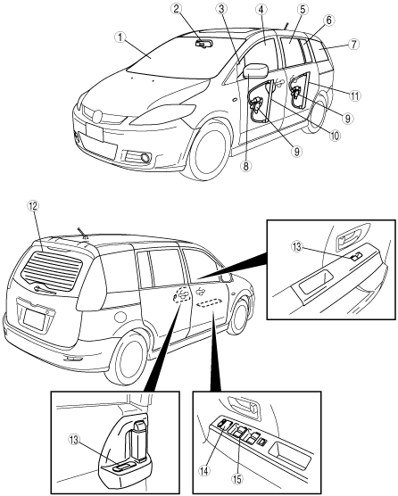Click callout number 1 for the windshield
click(x=120, y=37)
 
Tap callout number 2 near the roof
click(x=178, y=9)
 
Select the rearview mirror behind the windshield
click(x=203, y=45)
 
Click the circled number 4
click(x=261, y=10)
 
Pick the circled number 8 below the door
click(x=246, y=166)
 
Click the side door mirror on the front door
click(x=256, y=70)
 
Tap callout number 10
click(x=334, y=136)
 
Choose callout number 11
click(x=355, y=95)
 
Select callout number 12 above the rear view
click(x=34, y=206)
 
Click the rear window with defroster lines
click(x=52, y=269)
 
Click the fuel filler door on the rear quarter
click(x=120, y=317)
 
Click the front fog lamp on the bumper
click(x=146, y=157)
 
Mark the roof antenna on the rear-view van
click(x=81, y=233)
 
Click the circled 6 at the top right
click(x=328, y=21)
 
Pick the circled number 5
click(x=303, y=10)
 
